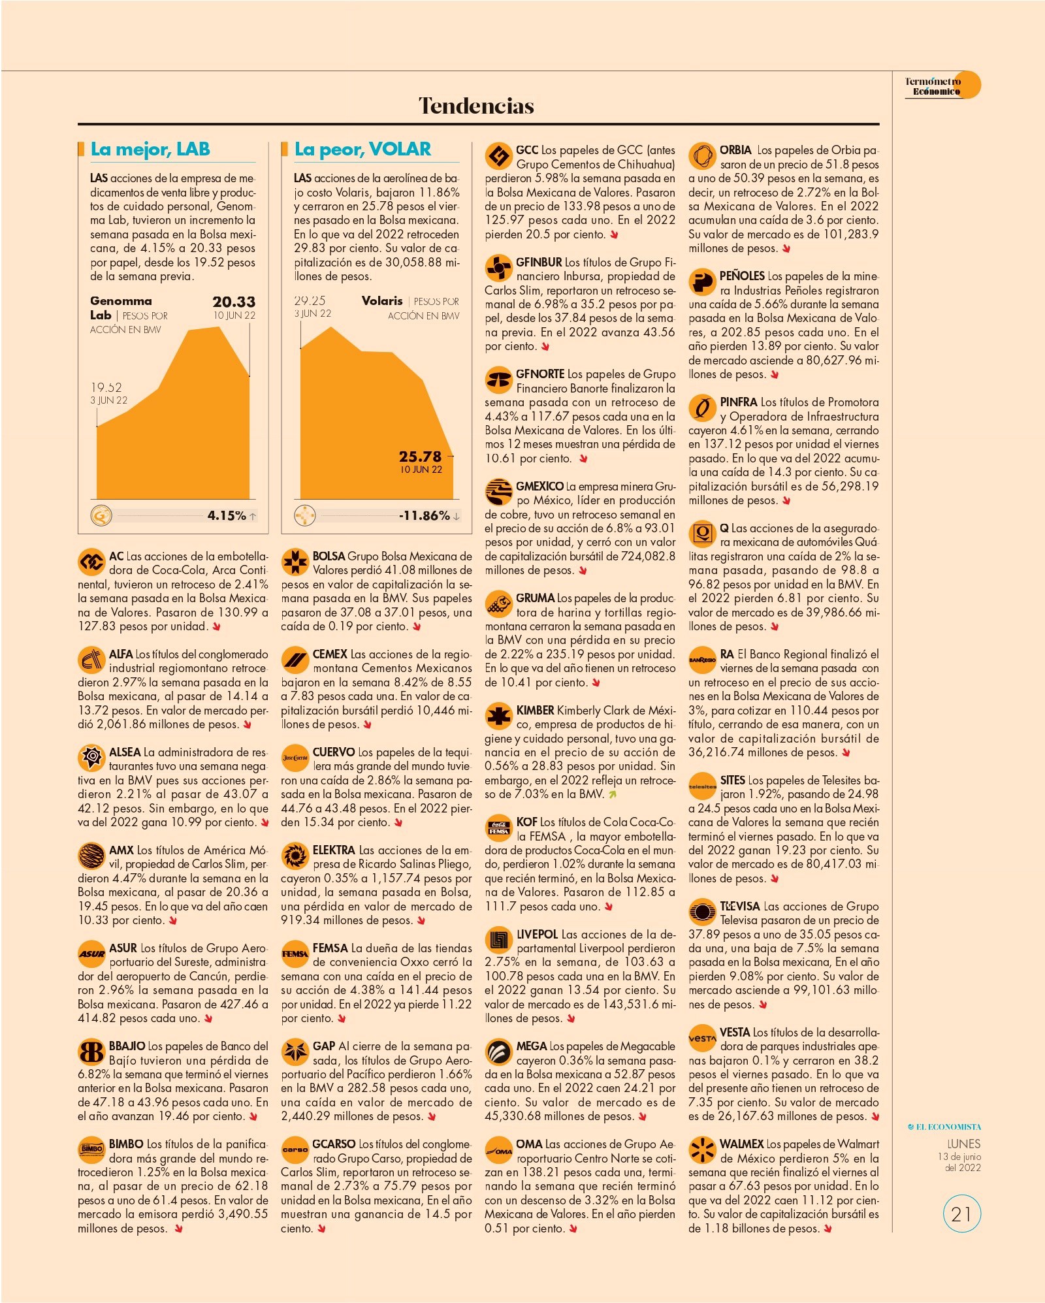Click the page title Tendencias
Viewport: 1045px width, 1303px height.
476,106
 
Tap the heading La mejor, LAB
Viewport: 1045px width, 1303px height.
150,149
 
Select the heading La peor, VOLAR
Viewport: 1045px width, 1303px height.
362,149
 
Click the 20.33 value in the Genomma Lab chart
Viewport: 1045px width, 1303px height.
234,302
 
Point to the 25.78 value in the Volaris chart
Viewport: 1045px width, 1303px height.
421,457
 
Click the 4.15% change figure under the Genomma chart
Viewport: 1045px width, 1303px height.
227,515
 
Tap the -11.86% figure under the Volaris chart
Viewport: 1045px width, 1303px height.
425,515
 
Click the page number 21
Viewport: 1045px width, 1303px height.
961,1214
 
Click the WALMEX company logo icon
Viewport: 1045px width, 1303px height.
702,1150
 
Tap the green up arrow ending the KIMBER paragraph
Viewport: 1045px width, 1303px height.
612,795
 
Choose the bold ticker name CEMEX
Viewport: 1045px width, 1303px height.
330,654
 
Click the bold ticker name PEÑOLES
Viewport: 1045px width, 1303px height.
742,276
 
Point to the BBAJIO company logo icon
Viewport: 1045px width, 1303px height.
91,1052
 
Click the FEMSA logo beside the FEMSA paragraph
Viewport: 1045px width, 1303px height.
295,954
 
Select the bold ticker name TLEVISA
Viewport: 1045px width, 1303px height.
740,907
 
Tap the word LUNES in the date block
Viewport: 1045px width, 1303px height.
964,1144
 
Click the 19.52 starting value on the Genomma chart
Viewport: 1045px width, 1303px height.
106,387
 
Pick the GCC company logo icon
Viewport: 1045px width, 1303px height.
499,156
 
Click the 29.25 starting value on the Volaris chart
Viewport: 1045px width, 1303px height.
310,300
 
